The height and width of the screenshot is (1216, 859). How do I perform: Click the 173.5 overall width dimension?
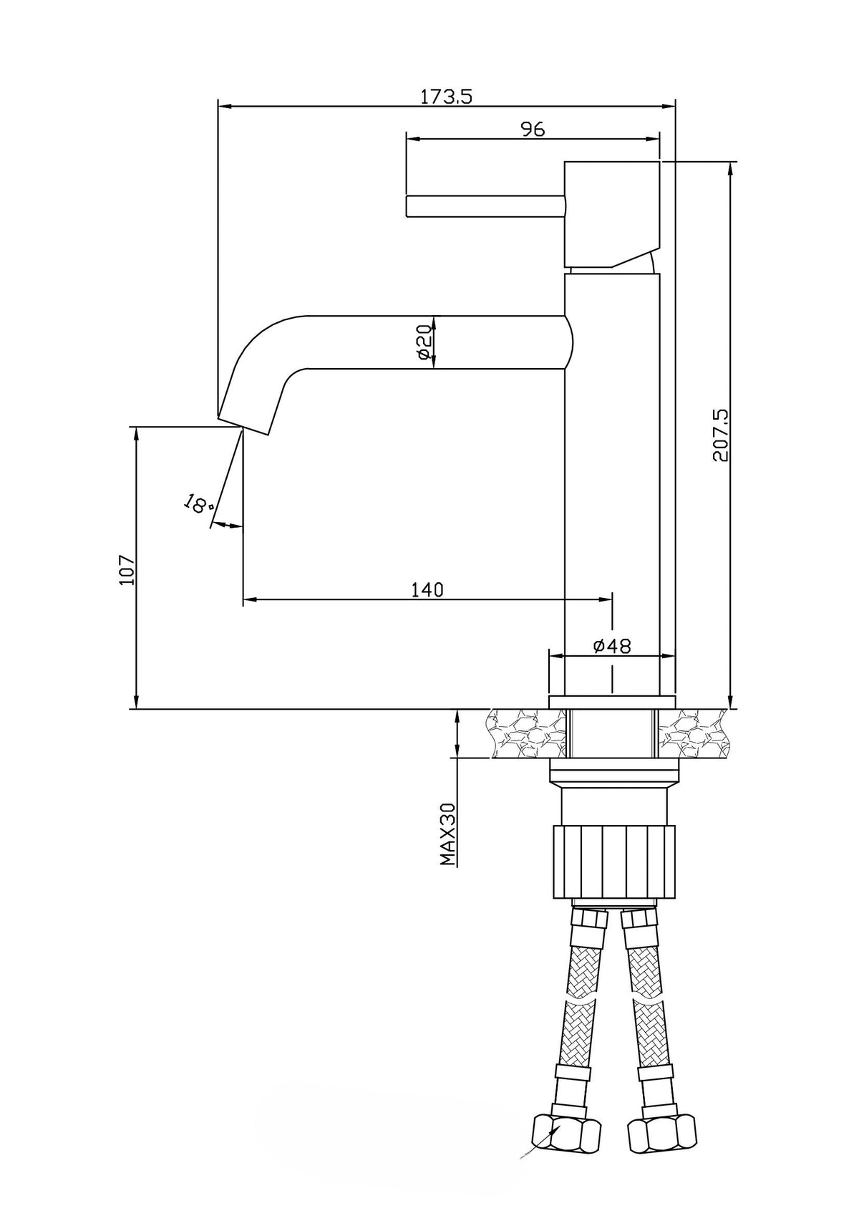[x=447, y=97]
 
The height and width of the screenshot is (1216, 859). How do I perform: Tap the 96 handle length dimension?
[x=533, y=129]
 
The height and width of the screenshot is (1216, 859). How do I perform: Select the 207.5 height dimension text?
[x=721, y=435]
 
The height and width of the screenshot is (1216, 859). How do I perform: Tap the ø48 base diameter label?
[x=612, y=645]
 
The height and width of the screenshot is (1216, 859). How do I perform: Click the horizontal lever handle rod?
[x=485, y=206]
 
